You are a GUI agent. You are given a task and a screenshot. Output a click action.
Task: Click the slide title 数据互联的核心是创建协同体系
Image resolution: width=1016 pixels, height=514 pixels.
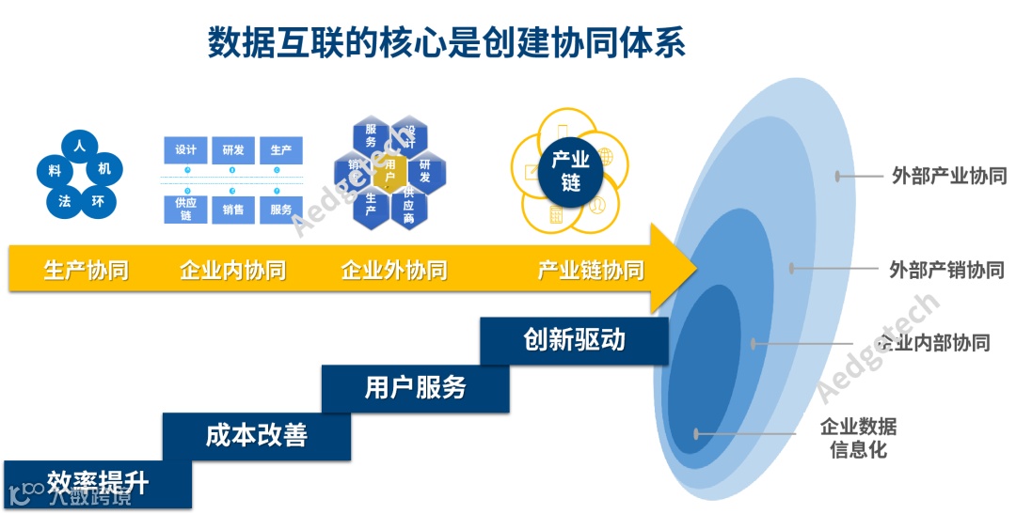(446, 43)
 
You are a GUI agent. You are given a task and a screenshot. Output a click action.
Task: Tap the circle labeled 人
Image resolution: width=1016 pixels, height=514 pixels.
(80, 146)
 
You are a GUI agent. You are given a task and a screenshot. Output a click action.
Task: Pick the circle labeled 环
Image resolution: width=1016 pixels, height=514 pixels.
(98, 200)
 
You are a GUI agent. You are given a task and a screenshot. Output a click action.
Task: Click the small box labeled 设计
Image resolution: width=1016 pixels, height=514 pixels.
(186, 150)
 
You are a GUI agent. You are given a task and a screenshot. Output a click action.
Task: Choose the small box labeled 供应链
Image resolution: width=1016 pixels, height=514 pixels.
(186, 209)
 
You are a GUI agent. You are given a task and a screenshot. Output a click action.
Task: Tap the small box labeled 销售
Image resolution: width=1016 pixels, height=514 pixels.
(233, 210)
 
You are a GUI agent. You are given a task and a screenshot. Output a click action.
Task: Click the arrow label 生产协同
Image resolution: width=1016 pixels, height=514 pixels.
(87, 271)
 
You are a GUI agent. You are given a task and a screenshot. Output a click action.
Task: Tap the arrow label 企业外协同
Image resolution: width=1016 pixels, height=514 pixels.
(394, 271)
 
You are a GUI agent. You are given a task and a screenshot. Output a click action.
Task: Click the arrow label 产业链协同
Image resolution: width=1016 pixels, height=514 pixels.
(591, 271)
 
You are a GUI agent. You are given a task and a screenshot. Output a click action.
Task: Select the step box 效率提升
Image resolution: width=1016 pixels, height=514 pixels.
(98, 484)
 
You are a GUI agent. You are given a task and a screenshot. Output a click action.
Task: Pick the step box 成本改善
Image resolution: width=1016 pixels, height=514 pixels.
(256, 436)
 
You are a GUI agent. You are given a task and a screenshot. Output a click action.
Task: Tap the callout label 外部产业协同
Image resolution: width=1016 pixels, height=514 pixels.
(949, 176)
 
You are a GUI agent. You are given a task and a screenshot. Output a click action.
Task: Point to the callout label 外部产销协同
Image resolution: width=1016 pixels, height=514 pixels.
(946, 270)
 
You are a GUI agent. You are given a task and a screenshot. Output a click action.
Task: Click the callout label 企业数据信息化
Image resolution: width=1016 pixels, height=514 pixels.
(859, 438)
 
